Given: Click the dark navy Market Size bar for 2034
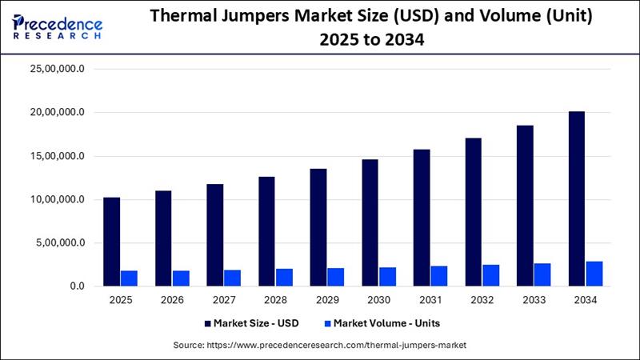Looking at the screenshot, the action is click(576, 198).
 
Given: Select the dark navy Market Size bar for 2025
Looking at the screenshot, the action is click(111, 242).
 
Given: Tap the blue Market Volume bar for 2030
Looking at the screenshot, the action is click(387, 277).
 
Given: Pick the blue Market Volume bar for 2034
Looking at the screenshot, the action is click(594, 274).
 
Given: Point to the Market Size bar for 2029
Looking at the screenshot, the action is click(318, 227).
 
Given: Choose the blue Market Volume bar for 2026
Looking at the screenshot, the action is click(181, 278).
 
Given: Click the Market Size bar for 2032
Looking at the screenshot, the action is click(473, 212).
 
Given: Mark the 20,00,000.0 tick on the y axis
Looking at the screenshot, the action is click(57, 112).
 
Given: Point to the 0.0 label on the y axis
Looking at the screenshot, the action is click(77, 286).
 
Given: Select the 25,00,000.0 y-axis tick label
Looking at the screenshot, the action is click(57, 69).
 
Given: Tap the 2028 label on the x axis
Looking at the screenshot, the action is click(275, 300).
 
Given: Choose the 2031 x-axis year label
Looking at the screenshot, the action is click(430, 300).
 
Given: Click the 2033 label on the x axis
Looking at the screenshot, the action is click(534, 300).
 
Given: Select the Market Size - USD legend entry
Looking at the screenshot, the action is click(252, 323).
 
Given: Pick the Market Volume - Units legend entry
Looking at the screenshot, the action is click(382, 323).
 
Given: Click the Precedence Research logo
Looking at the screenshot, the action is click(57, 27).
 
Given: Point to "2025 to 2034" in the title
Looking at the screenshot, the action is click(372, 40).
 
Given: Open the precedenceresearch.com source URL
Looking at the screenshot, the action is click(336, 346).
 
